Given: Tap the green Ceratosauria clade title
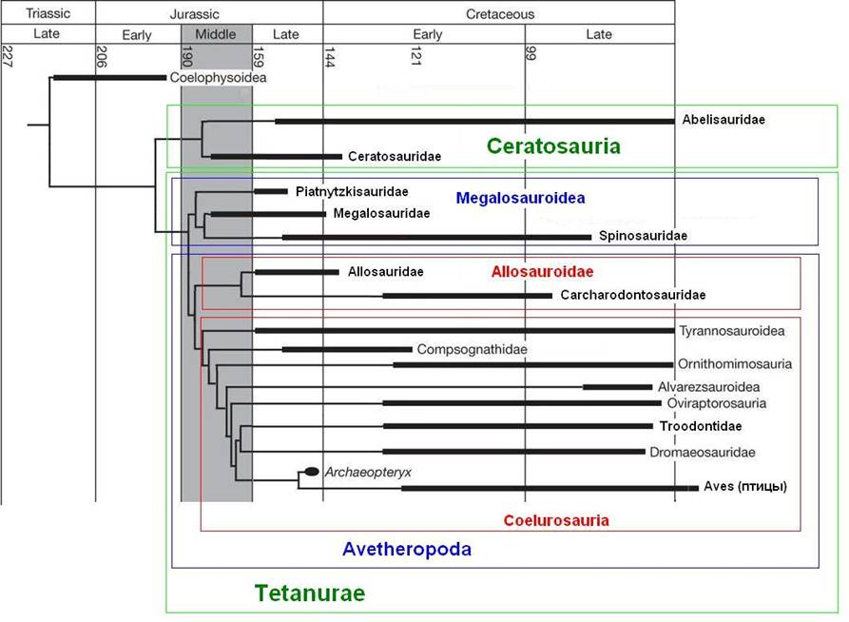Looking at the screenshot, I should click(553, 146).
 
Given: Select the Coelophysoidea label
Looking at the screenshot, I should click(218, 77).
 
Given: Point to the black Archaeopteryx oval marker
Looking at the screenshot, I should click(311, 471).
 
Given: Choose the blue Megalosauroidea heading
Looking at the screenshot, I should click(520, 198).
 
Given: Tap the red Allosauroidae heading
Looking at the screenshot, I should click(542, 272).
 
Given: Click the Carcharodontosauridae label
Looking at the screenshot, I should click(633, 295).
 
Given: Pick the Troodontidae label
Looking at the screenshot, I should click(701, 426).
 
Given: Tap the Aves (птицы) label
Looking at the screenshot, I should click(745, 487).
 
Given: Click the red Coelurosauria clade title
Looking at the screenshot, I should click(556, 520).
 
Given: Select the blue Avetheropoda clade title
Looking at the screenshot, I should click(406, 549).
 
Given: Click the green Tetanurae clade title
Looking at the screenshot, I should click(309, 593).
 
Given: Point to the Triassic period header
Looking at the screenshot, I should click(48, 14).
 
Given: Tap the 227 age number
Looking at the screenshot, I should click(8, 54).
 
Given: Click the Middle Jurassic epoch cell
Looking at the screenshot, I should click(216, 35).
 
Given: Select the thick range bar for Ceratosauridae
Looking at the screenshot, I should click(276, 156).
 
